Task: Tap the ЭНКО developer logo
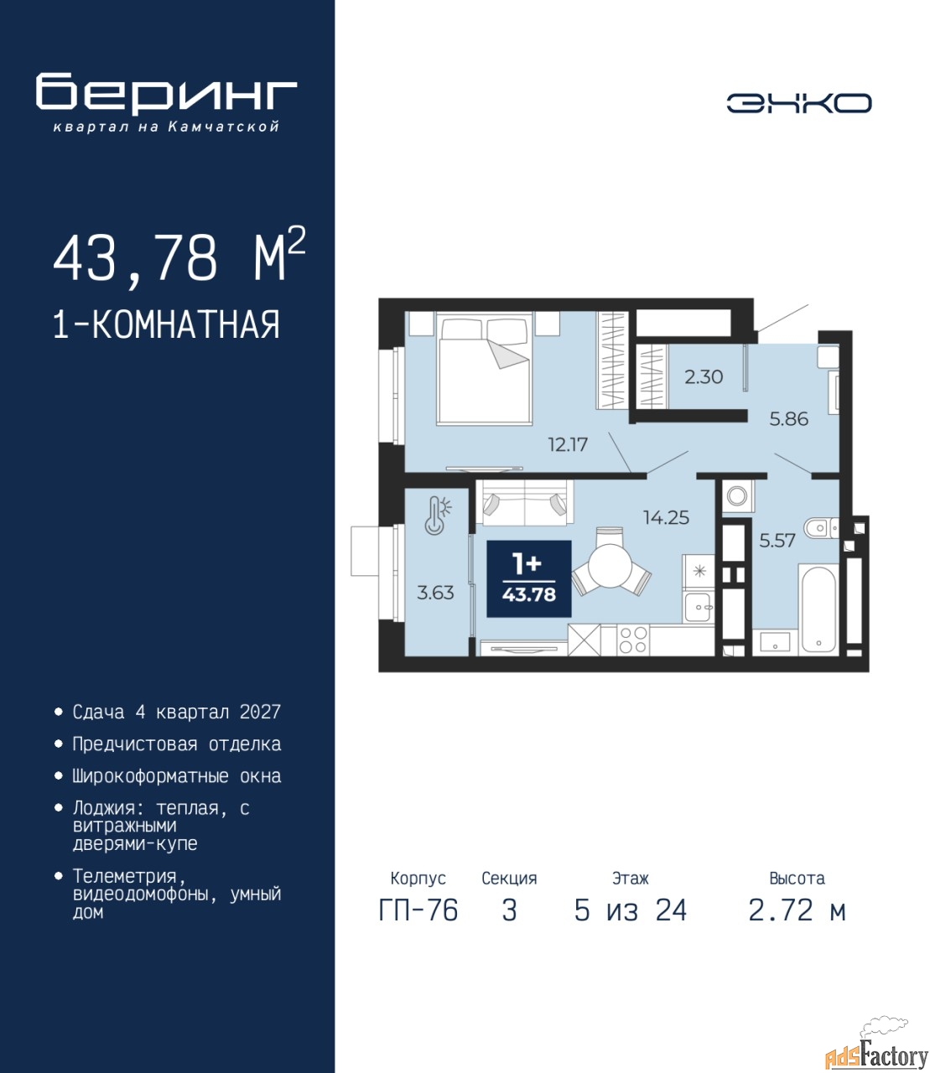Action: [798, 103]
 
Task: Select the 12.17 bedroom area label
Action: [568, 444]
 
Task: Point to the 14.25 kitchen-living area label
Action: [666, 517]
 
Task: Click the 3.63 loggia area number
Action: [435, 593]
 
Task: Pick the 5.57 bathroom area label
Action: [777, 541]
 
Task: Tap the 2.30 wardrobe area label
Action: [704, 377]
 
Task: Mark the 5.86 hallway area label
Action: [789, 418]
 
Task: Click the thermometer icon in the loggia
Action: [437, 515]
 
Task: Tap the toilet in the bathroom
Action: [821, 528]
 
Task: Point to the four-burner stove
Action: [633, 640]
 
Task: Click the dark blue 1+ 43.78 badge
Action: [528, 578]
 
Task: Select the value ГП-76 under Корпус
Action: [418, 911]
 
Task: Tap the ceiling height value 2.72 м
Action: [797, 911]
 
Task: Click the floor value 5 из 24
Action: [631, 911]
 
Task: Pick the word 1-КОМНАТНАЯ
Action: [166, 324]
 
